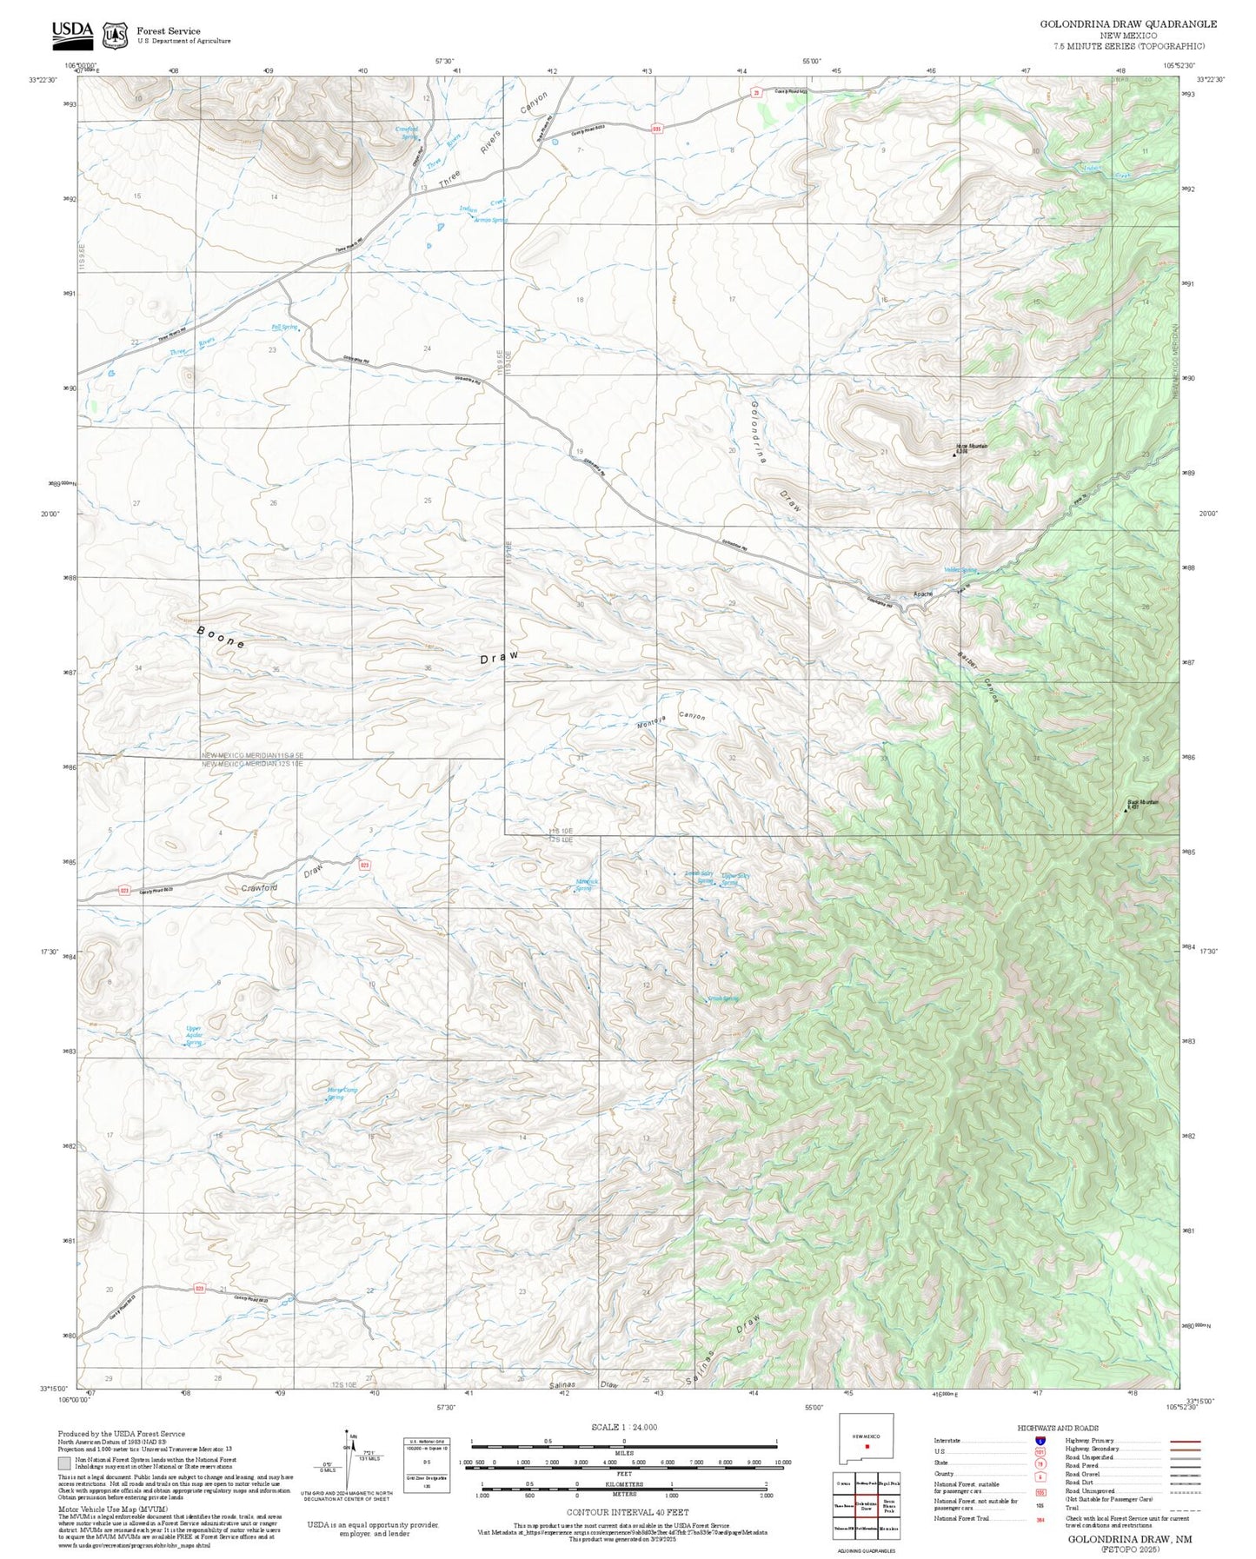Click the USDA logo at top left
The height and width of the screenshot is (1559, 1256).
(72, 33)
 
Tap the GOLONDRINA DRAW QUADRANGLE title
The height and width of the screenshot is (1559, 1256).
(1127, 24)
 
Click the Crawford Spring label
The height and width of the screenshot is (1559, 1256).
(407, 133)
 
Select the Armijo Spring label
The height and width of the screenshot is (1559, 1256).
(490, 220)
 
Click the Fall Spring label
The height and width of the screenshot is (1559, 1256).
(283, 328)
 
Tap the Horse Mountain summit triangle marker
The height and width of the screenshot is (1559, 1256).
(956, 452)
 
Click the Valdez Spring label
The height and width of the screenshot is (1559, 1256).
(960, 571)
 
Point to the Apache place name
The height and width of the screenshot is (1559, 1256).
(922, 594)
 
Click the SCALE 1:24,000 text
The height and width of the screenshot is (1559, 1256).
(623, 1427)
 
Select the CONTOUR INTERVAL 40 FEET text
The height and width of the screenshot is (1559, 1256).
(623, 1512)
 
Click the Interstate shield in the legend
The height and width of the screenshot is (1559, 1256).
(1040, 1441)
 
